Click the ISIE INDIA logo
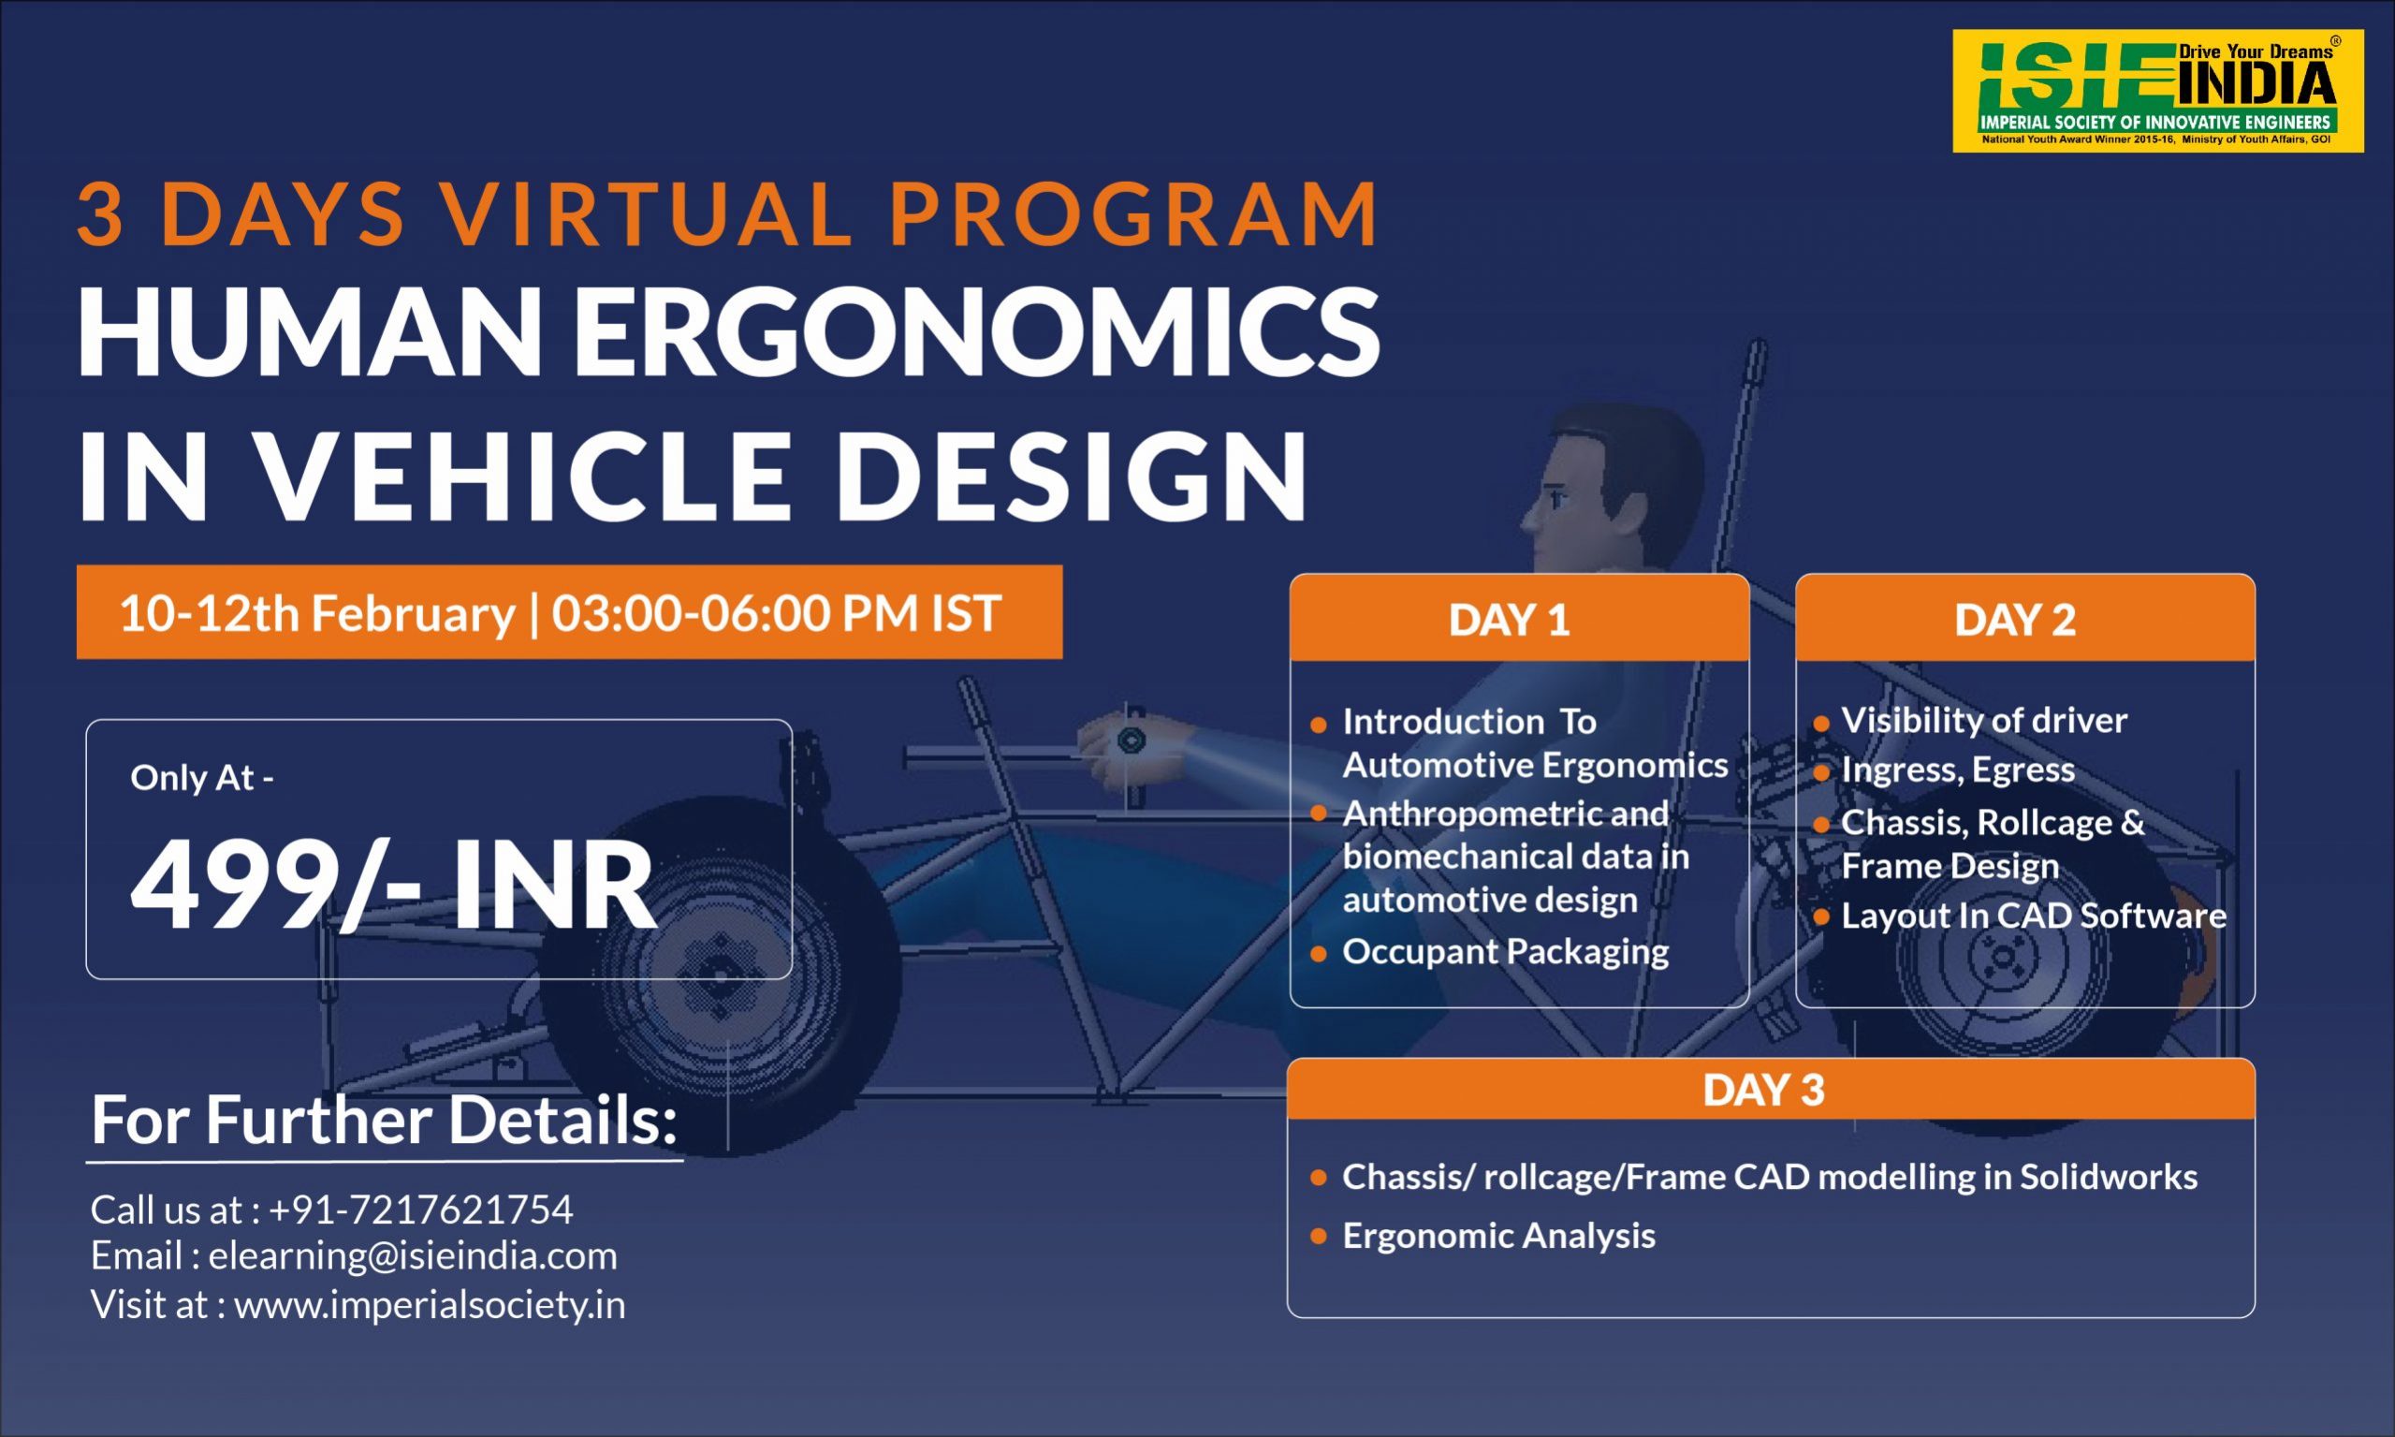click(2158, 91)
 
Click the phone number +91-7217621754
click(421, 1210)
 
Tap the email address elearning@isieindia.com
click(414, 1256)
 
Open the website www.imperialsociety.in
click(430, 1304)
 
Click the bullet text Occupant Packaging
click(1506, 952)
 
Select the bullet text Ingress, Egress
click(1957, 770)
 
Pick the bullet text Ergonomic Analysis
click(1498, 1236)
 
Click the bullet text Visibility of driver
click(1984, 721)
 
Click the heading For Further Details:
click(385, 1121)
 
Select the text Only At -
click(202, 778)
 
